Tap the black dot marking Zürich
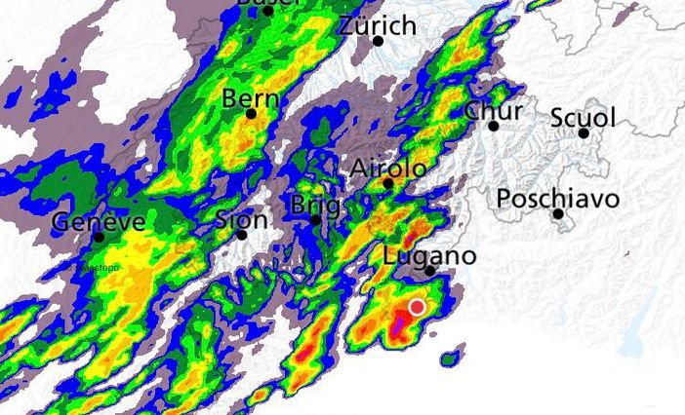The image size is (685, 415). [379, 41]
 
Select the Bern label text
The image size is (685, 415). [251, 98]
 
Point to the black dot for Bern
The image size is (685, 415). [251, 114]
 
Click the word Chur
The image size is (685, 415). [493, 110]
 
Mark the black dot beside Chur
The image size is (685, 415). [494, 126]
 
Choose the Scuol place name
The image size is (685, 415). [583, 118]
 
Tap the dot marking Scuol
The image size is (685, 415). [584, 133]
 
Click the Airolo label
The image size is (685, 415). [387, 168]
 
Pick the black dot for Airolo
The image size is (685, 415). [388, 183]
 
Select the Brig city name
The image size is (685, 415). [315, 206]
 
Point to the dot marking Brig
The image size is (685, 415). [315, 220]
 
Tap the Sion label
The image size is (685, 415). [240, 218]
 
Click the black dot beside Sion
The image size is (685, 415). [241, 234]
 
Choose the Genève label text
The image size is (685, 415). [99, 221]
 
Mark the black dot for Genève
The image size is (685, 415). [99, 237]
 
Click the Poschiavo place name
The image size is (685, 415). [557, 199]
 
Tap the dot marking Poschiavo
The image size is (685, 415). [558, 213]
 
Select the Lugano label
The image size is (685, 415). [429, 255]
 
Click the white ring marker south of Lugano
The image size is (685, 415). [418, 307]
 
